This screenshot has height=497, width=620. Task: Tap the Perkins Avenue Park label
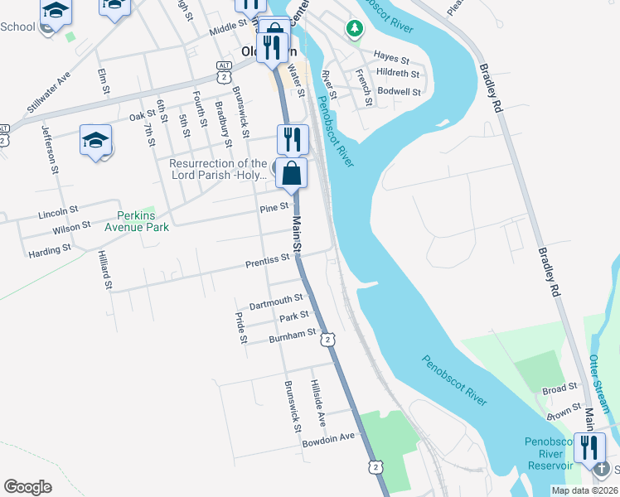(136, 220)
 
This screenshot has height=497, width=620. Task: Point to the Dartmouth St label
(277, 301)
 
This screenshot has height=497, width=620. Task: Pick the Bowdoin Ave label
(328, 437)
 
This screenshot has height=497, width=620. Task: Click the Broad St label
(560, 388)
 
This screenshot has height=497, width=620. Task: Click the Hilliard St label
(105, 270)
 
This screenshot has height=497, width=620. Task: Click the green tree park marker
(355, 29)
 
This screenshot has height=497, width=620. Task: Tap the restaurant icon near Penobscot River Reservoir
(589, 446)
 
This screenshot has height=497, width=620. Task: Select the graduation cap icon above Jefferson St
(95, 139)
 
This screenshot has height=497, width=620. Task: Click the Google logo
(27, 487)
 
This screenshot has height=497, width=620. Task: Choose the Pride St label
(241, 327)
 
